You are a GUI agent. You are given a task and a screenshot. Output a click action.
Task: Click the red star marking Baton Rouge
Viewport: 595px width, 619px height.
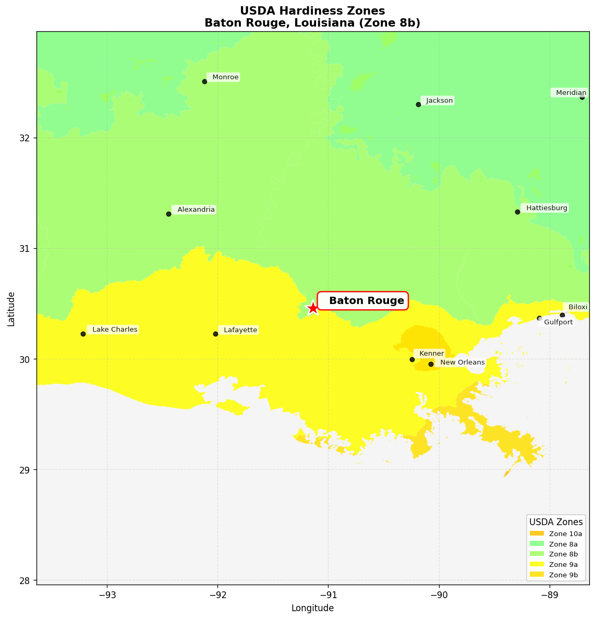(312, 308)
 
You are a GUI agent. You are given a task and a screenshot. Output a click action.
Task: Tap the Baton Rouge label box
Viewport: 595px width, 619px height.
(363, 301)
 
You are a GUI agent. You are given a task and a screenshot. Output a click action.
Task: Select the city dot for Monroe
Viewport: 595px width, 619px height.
(204, 81)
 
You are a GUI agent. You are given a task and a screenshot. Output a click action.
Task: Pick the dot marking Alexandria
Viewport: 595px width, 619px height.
(168, 214)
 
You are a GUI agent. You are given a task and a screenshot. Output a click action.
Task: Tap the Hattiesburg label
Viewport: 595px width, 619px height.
(546, 208)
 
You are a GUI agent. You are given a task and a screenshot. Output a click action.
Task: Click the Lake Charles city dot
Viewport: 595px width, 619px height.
(83, 334)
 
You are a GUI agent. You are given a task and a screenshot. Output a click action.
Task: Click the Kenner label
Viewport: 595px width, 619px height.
(431, 354)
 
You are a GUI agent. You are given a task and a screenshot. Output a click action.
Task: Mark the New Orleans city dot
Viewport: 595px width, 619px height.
(431, 364)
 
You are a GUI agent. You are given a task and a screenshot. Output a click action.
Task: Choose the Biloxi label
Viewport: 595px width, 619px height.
(577, 307)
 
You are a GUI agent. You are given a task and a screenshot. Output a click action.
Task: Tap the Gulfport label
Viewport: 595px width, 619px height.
(557, 322)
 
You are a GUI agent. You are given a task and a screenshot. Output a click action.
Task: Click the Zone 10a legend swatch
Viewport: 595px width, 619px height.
(537, 533)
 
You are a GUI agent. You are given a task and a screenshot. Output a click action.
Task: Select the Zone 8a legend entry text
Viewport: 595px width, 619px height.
(563, 544)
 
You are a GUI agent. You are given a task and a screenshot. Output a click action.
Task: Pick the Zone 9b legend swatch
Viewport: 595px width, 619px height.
(537, 575)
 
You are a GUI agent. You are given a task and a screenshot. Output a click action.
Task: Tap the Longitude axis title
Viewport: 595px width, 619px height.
(312, 608)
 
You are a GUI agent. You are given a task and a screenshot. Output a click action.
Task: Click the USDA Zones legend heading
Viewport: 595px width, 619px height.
(556, 522)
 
